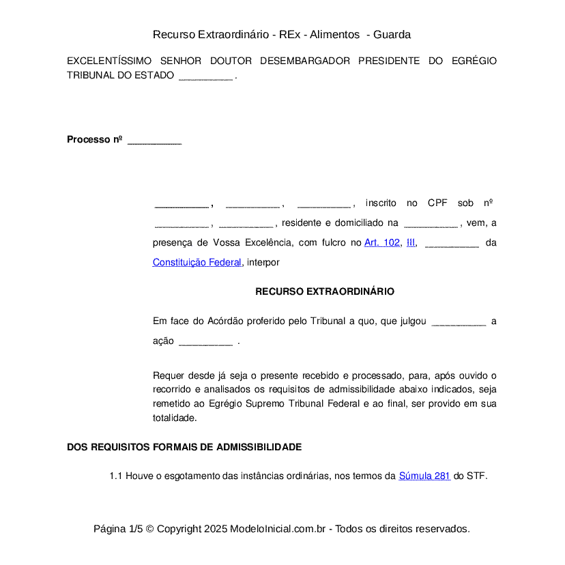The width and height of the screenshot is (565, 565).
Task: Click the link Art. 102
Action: [381, 242]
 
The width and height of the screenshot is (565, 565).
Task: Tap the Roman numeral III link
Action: [411, 242]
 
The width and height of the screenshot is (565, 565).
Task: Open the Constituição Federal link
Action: [197, 262]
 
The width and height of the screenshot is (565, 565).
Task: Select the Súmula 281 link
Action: [424, 476]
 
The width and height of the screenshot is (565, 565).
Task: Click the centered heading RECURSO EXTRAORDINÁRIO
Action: [325, 291]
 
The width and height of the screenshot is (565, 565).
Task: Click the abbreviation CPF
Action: [437, 203]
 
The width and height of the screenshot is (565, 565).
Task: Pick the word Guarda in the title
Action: [392, 34]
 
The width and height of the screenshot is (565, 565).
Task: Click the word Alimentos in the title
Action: [335, 34]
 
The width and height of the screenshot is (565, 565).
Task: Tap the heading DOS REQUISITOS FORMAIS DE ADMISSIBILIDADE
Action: [184, 447]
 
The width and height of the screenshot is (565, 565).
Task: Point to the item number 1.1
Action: [115, 476]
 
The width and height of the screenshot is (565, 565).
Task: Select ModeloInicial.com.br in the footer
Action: [280, 529]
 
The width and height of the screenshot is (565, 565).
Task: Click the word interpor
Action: [263, 262]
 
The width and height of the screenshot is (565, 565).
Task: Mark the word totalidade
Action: [175, 418]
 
